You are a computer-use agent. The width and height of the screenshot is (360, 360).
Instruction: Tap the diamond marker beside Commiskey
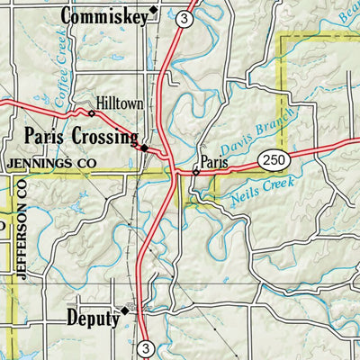pos(153,11)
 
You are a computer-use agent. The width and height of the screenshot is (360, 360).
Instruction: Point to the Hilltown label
pos(121,104)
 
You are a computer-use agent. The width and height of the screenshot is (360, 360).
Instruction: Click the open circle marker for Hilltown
pos(91,113)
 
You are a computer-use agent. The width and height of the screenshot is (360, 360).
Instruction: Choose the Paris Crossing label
pos(79,137)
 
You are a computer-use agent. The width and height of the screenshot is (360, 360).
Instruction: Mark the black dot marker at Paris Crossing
pos(143,147)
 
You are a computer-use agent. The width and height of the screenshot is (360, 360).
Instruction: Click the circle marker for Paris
pos(195,169)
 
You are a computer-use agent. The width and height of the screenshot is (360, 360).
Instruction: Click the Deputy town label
pos(92,318)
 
